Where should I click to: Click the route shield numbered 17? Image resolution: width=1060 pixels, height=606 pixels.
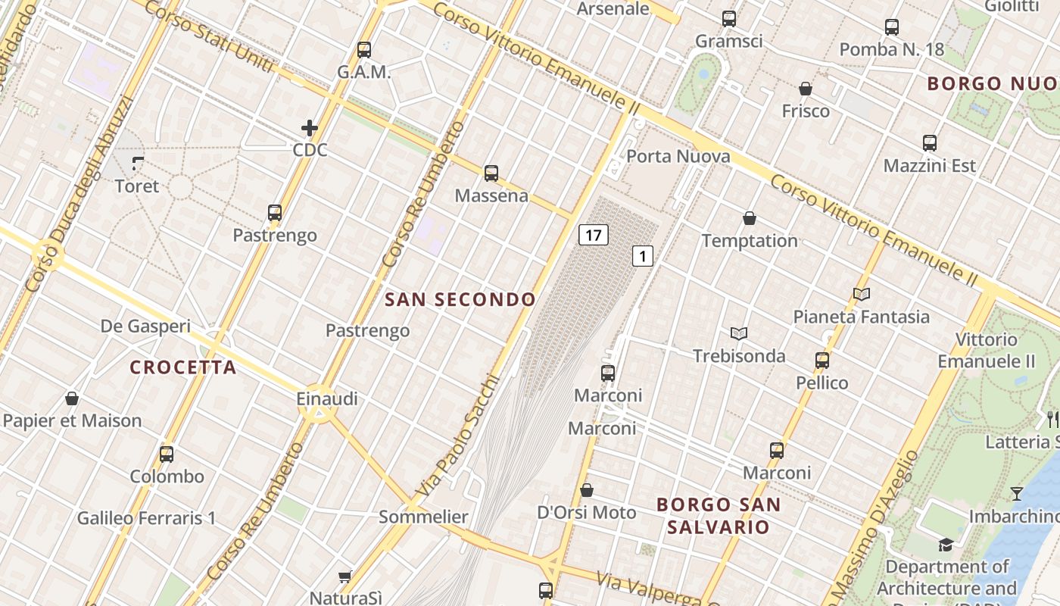(594, 235)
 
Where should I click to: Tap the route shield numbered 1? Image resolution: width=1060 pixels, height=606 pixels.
(642, 256)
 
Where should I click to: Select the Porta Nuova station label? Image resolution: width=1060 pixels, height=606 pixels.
(678, 157)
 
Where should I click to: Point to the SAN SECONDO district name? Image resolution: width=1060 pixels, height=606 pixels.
(460, 299)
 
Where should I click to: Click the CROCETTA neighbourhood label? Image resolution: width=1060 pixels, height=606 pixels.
(183, 367)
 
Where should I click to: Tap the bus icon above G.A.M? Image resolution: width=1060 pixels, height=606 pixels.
(364, 50)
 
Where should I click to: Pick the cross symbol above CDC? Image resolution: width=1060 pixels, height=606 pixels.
(310, 128)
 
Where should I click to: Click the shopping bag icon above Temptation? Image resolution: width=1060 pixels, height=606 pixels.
(750, 219)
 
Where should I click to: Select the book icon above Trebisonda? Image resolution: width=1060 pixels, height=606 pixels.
(739, 333)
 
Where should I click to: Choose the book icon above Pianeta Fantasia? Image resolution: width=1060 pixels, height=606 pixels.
(862, 294)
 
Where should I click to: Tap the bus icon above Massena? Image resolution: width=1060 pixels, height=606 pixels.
(491, 173)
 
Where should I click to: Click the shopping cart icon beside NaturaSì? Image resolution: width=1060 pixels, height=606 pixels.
(345, 577)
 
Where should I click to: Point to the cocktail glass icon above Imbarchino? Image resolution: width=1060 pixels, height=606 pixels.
(1017, 494)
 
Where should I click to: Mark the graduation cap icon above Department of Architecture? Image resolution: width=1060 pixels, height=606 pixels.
(946, 545)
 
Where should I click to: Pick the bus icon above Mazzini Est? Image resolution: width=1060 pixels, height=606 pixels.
(930, 142)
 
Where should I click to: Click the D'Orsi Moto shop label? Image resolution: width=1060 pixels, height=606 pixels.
(587, 513)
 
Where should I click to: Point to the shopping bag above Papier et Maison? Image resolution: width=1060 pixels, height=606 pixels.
(72, 398)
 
